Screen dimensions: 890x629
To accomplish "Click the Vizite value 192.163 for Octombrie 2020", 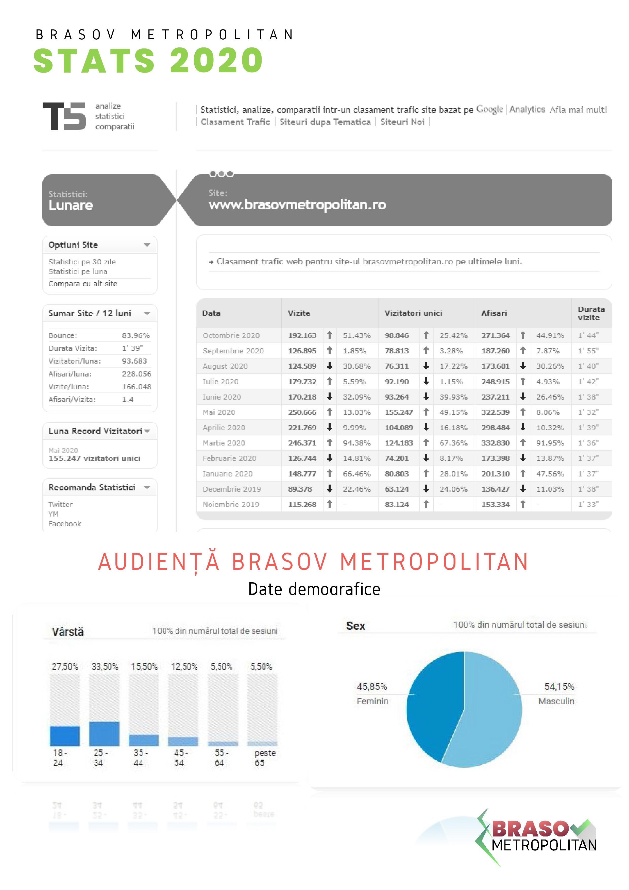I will click(x=302, y=335).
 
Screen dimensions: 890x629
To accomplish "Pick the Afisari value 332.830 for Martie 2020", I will click(x=495, y=443).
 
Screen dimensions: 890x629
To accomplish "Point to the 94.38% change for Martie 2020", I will click(x=356, y=443).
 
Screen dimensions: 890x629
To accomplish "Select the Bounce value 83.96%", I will click(x=136, y=335).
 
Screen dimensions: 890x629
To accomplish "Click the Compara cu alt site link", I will click(x=82, y=284).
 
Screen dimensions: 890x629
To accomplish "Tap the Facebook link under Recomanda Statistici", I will click(x=65, y=524).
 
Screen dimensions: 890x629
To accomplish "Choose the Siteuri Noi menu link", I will click(x=402, y=122).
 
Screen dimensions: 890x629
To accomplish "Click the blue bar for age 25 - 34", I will click(x=104, y=733).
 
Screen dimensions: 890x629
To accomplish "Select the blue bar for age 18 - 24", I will click(x=65, y=735).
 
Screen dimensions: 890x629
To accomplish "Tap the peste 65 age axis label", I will click(x=265, y=758).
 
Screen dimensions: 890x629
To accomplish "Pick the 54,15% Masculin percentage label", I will click(x=559, y=687).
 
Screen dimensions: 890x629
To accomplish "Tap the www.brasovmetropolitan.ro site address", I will click(x=297, y=204).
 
